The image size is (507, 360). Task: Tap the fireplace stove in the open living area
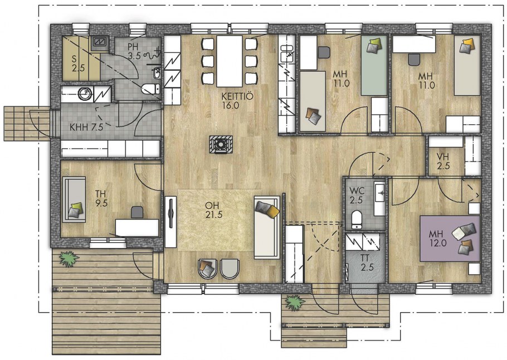[x=221, y=144]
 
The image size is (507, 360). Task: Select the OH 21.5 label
[x=214, y=210]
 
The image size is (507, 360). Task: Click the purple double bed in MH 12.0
[x=450, y=239]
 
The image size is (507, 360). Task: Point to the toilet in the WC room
[x=357, y=220]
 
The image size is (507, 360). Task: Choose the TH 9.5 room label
[x=101, y=198]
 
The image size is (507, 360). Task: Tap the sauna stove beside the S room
[x=98, y=42]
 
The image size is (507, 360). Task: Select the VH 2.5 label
[x=443, y=161]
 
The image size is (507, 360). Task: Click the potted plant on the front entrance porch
[x=295, y=303]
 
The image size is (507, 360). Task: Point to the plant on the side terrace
[x=69, y=259]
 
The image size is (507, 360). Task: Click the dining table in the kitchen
[x=229, y=61]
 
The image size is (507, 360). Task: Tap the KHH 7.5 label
[x=86, y=127]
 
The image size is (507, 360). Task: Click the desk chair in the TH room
[x=137, y=212]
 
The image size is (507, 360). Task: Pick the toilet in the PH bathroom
[x=150, y=88]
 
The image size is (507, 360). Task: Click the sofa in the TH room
[x=74, y=200]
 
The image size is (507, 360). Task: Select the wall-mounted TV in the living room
[x=171, y=213]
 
